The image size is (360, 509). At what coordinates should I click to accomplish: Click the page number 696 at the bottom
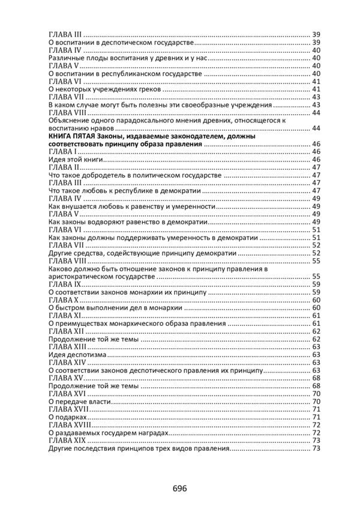point(178,488)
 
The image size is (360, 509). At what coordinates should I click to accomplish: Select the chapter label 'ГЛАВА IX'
point(63,285)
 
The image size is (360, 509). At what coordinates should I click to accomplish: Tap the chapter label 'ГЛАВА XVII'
point(67,409)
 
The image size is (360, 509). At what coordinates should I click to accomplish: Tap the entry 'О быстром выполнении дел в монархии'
point(115,308)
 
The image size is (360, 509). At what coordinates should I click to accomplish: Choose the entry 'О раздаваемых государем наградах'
point(107,432)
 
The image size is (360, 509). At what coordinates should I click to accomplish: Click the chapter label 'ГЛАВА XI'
point(64,316)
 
